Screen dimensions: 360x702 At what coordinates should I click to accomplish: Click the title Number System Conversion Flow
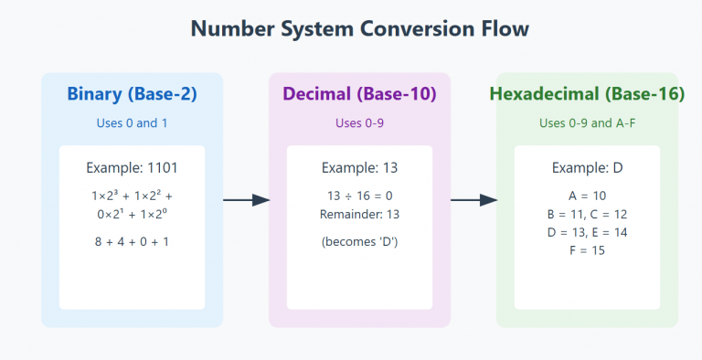(x=359, y=28)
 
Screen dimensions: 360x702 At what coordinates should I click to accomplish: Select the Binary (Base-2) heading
(x=132, y=94)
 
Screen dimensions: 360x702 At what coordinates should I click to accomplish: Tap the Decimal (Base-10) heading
(x=359, y=94)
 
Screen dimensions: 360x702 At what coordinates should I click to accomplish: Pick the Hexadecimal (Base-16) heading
(x=587, y=94)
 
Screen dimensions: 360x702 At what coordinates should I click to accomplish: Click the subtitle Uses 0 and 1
(x=132, y=123)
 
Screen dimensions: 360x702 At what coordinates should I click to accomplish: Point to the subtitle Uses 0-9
(x=359, y=123)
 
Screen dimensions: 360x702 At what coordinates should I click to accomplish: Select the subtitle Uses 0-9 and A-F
(x=587, y=123)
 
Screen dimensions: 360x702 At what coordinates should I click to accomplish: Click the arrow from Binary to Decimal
(x=246, y=200)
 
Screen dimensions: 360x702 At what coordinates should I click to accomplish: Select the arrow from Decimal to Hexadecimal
(x=473, y=200)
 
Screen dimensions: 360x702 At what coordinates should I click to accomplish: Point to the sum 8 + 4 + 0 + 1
(x=132, y=241)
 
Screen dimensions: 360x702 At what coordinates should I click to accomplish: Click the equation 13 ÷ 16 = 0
(x=359, y=196)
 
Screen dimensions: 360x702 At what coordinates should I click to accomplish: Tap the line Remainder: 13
(x=359, y=215)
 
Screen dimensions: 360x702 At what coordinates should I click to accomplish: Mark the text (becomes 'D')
(x=359, y=241)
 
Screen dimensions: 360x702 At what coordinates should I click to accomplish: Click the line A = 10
(x=587, y=196)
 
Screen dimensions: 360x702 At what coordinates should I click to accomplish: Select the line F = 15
(x=587, y=250)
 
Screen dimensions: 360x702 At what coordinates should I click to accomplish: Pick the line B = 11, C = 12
(x=587, y=214)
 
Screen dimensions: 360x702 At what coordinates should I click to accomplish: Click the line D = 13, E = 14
(x=587, y=232)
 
